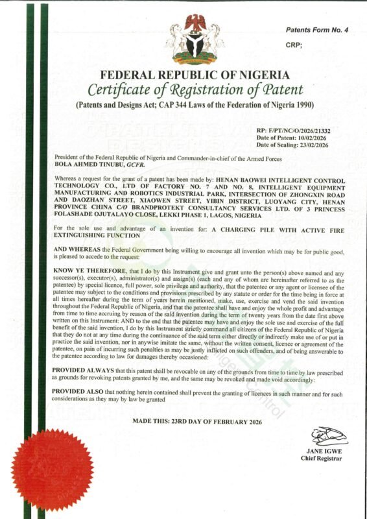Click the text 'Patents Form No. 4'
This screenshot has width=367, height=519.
tap(318, 30)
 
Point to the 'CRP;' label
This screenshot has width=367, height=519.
tap(294, 45)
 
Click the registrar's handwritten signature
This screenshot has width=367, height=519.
tap(328, 435)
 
